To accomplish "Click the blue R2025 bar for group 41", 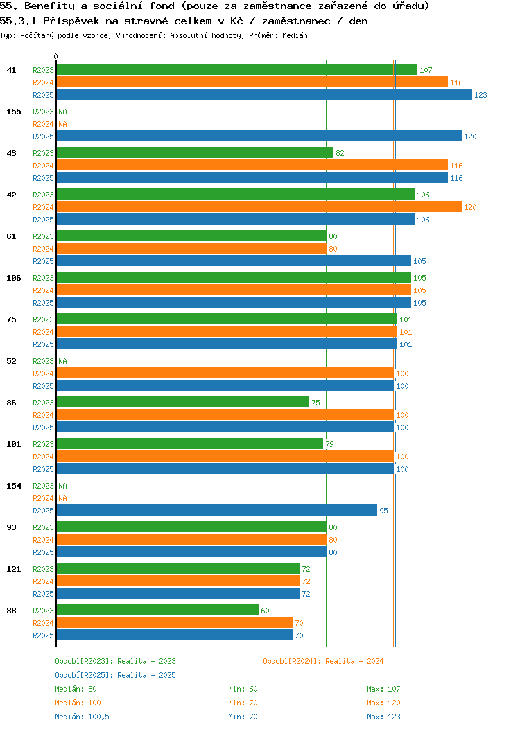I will click(x=263, y=95).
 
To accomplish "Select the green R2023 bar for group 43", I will click(x=194, y=153).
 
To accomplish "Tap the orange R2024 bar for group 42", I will click(x=259, y=207).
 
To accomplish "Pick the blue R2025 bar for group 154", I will click(x=216, y=511).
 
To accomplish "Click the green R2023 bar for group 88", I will click(x=157, y=611).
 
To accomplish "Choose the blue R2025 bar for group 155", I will click(x=259, y=137).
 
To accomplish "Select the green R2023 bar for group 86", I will click(x=182, y=403).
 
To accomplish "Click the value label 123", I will click(x=480, y=95).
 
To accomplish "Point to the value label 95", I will click(x=383, y=511).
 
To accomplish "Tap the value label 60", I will click(x=265, y=611).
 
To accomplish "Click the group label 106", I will click(x=14, y=278).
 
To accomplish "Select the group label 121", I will click(x=14, y=569).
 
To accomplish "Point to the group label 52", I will click(x=12, y=361).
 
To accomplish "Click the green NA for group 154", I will click(x=62, y=486).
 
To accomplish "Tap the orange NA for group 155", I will click(x=62, y=124).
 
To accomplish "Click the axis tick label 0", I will click(x=56, y=57).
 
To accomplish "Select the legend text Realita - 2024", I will click(x=354, y=661).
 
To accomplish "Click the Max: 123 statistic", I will click(x=383, y=717).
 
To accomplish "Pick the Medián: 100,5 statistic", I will click(x=82, y=717).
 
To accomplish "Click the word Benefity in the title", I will click(x=51, y=6).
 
